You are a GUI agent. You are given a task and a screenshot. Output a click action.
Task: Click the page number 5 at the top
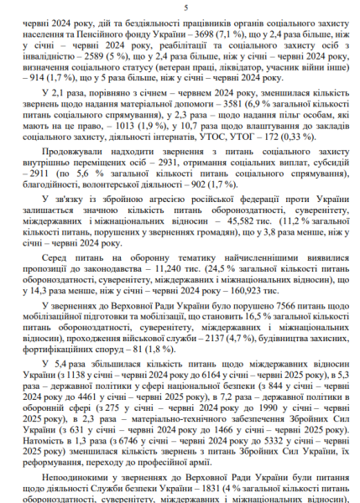180,8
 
